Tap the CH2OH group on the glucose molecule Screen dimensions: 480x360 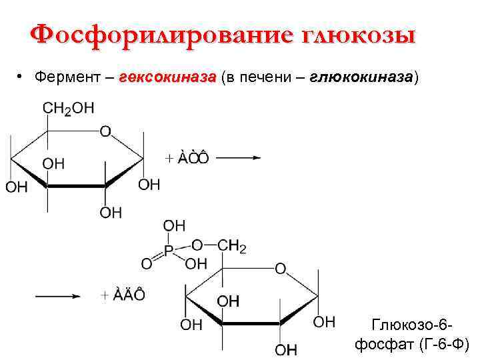(68, 109)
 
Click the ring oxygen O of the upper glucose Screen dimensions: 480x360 (105, 131)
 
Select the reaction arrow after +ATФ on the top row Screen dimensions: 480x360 (238, 158)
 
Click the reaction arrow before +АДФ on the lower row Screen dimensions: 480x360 (58, 295)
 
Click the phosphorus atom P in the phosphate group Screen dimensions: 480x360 (169, 251)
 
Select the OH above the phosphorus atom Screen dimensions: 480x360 (174, 226)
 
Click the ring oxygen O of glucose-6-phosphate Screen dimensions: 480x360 (281, 269)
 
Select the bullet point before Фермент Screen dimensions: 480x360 (22, 78)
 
